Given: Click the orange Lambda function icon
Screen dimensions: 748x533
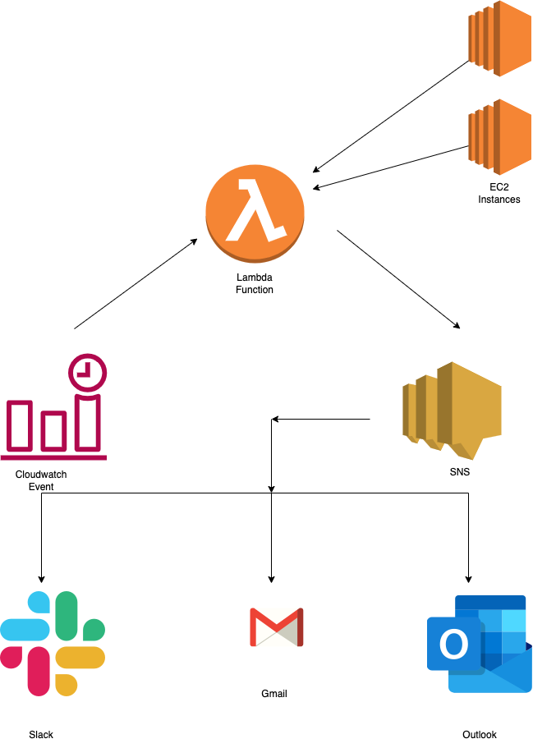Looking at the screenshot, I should (x=255, y=210).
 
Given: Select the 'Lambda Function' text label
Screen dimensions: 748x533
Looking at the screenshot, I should (x=255, y=283).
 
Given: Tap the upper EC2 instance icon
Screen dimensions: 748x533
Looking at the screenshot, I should (x=499, y=39).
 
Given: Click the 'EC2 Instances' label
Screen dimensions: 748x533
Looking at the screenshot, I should (x=499, y=193).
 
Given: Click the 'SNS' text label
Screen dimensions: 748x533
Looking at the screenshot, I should (x=460, y=473).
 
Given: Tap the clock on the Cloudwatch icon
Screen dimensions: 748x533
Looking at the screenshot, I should (x=87, y=372).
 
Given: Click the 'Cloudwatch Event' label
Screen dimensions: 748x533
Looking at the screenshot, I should (x=41, y=480).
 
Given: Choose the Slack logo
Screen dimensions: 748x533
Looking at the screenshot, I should (x=53, y=643).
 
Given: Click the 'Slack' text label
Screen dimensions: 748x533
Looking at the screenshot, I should (x=41, y=735).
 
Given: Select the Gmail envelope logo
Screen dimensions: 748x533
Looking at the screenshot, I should (x=276, y=627).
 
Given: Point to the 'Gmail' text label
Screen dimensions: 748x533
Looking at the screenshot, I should (x=274, y=694).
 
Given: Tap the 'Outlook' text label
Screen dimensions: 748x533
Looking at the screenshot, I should (x=480, y=735).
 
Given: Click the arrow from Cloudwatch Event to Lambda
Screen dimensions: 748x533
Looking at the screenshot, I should (x=136, y=284).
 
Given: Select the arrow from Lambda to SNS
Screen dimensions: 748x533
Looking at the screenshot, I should (x=398, y=280).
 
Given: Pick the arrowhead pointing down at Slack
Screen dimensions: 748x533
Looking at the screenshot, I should (x=41, y=576).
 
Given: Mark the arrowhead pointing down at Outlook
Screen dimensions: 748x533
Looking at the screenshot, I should (x=469, y=576).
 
